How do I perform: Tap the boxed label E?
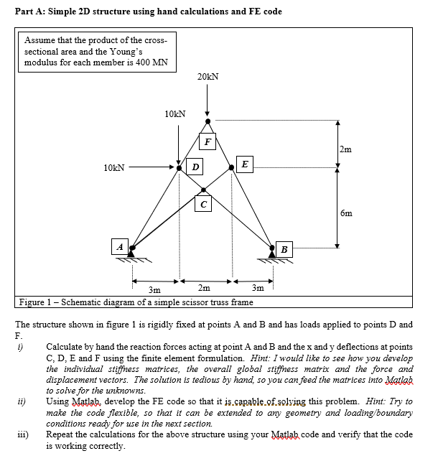pos(244,165)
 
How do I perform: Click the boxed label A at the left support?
pos(120,246)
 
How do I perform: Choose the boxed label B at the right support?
pos(284,249)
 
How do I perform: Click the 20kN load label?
pos(207,76)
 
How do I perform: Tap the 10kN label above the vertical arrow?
pos(174,114)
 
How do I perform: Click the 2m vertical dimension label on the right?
pos(346,149)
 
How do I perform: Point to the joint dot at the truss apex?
pos(208,121)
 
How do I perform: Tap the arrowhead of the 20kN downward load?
pos(208,113)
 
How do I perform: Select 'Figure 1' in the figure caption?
pos(35,302)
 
